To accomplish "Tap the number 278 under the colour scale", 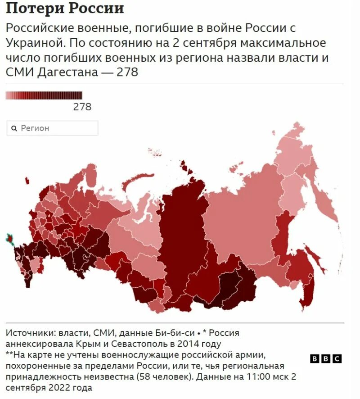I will (x=82, y=107).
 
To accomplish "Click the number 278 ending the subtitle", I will (x=127, y=72).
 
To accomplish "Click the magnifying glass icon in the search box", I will (x=14, y=128).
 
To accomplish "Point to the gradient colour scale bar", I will (x=44, y=95).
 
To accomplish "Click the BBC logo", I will (x=326, y=358).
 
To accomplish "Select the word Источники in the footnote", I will (x=29, y=333).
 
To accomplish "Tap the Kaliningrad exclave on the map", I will (x=27, y=181).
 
